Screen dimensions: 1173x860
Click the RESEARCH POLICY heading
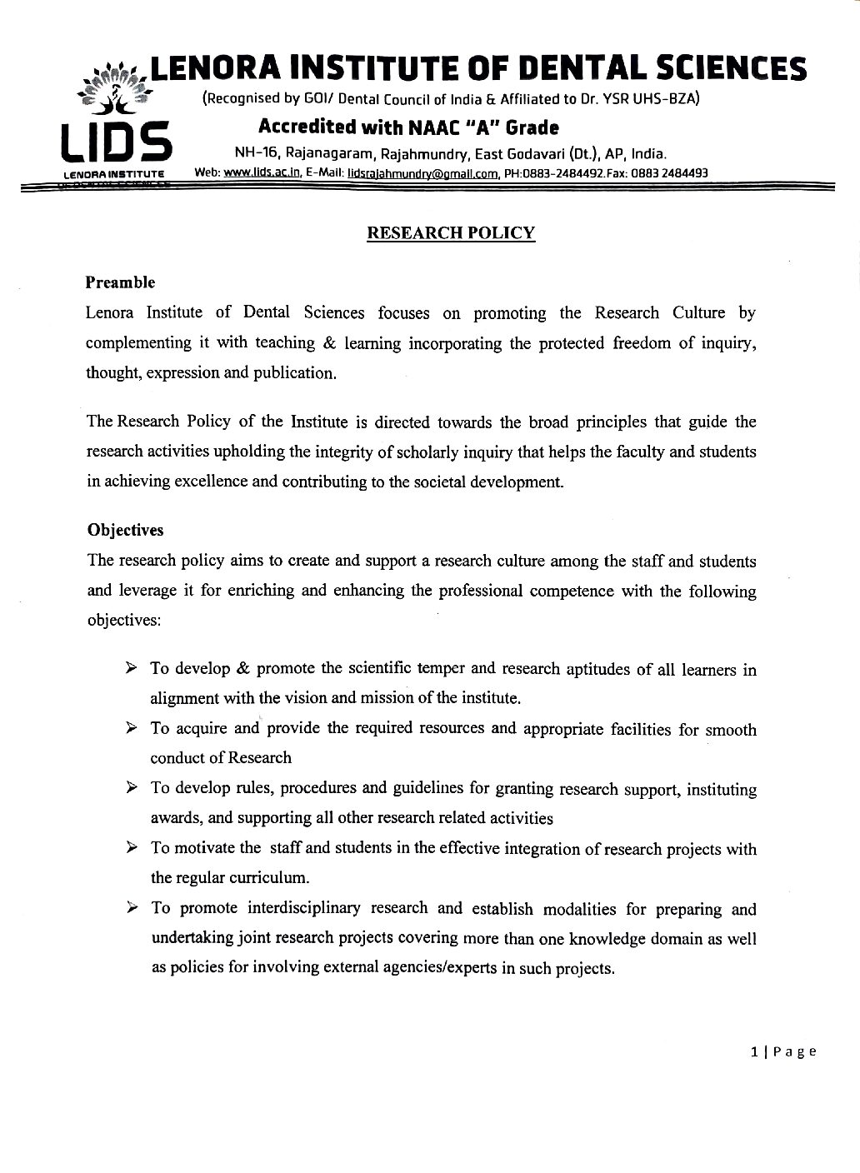451,233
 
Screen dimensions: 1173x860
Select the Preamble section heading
120,282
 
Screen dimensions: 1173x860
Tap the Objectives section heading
125,530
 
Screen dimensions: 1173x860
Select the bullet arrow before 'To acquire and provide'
131,728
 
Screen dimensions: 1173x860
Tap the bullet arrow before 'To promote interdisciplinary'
131,907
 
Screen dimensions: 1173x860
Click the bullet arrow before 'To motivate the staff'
131,847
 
